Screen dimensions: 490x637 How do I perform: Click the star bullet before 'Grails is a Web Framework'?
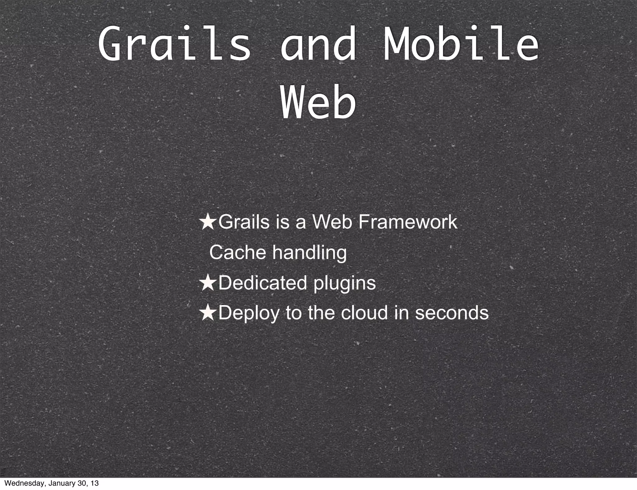(x=208, y=223)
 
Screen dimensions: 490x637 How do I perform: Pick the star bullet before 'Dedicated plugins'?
(x=208, y=284)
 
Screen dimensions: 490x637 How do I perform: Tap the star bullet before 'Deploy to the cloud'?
(x=208, y=313)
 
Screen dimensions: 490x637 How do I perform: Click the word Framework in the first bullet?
(x=408, y=222)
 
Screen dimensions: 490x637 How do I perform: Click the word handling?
(x=309, y=252)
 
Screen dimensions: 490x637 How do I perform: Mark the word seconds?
(x=452, y=313)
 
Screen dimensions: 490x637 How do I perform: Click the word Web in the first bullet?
(x=332, y=222)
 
